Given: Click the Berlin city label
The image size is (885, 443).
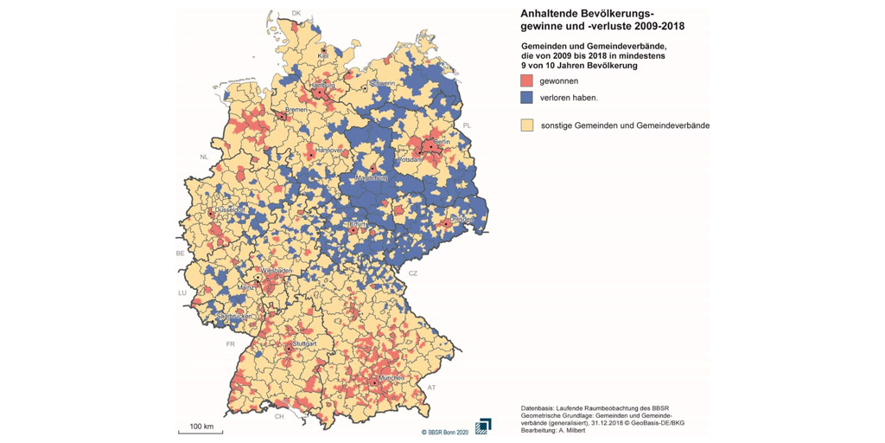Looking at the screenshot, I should (x=442, y=141).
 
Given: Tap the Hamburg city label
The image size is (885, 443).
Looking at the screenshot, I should (x=322, y=86).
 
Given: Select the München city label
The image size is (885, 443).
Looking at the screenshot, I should (x=390, y=378).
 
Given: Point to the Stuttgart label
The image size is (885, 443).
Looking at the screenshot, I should (x=304, y=343).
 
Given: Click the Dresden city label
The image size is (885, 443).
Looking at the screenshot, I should (x=461, y=220).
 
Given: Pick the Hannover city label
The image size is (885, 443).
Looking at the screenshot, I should (x=329, y=150).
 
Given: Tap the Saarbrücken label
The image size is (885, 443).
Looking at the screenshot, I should (x=234, y=317).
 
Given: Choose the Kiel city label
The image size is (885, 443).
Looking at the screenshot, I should (x=323, y=55).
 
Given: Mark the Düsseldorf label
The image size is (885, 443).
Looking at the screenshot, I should (x=230, y=209).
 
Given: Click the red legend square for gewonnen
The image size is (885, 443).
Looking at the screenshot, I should (x=526, y=80).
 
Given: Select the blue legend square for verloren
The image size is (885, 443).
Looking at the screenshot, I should (x=526, y=98).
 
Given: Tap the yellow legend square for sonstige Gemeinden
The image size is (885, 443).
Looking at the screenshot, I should (x=526, y=125).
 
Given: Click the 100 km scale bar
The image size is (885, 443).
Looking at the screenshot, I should (x=201, y=429).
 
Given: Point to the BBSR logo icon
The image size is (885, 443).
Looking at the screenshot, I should (x=482, y=427).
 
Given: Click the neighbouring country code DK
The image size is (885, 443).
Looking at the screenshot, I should (x=296, y=13).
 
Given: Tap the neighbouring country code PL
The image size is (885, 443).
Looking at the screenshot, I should (x=467, y=125).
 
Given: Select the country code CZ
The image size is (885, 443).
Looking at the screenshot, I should (x=412, y=273).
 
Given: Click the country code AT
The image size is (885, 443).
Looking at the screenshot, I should (x=431, y=388).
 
